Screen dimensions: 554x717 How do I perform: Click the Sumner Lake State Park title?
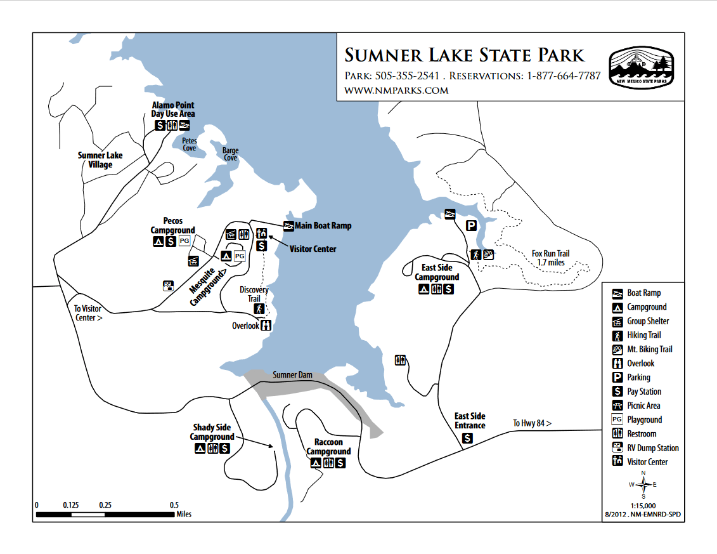tap(464, 55)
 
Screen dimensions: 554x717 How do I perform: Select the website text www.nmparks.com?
tap(396, 91)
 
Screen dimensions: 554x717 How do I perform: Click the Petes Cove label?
tap(190, 144)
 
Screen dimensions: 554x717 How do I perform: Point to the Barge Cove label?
tap(230, 154)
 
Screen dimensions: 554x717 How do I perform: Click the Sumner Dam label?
tap(292, 375)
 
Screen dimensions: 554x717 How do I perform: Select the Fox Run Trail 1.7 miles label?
tap(550, 258)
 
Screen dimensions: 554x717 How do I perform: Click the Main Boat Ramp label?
tap(323, 226)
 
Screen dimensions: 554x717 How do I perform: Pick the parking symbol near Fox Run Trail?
tap(471, 226)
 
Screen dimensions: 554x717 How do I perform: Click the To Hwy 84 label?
tap(532, 423)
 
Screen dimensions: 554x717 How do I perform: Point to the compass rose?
tap(643, 485)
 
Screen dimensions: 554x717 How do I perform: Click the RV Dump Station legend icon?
tap(616, 448)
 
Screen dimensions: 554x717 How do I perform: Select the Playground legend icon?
tap(616, 419)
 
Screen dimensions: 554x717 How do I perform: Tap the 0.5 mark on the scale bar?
tap(174, 505)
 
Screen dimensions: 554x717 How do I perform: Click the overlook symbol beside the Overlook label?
tap(266, 326)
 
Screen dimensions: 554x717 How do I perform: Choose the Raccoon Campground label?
tap(328, 447)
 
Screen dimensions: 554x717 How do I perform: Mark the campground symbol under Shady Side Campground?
tap(200, 449)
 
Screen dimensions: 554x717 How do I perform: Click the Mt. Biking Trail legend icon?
tap(616, 350)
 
